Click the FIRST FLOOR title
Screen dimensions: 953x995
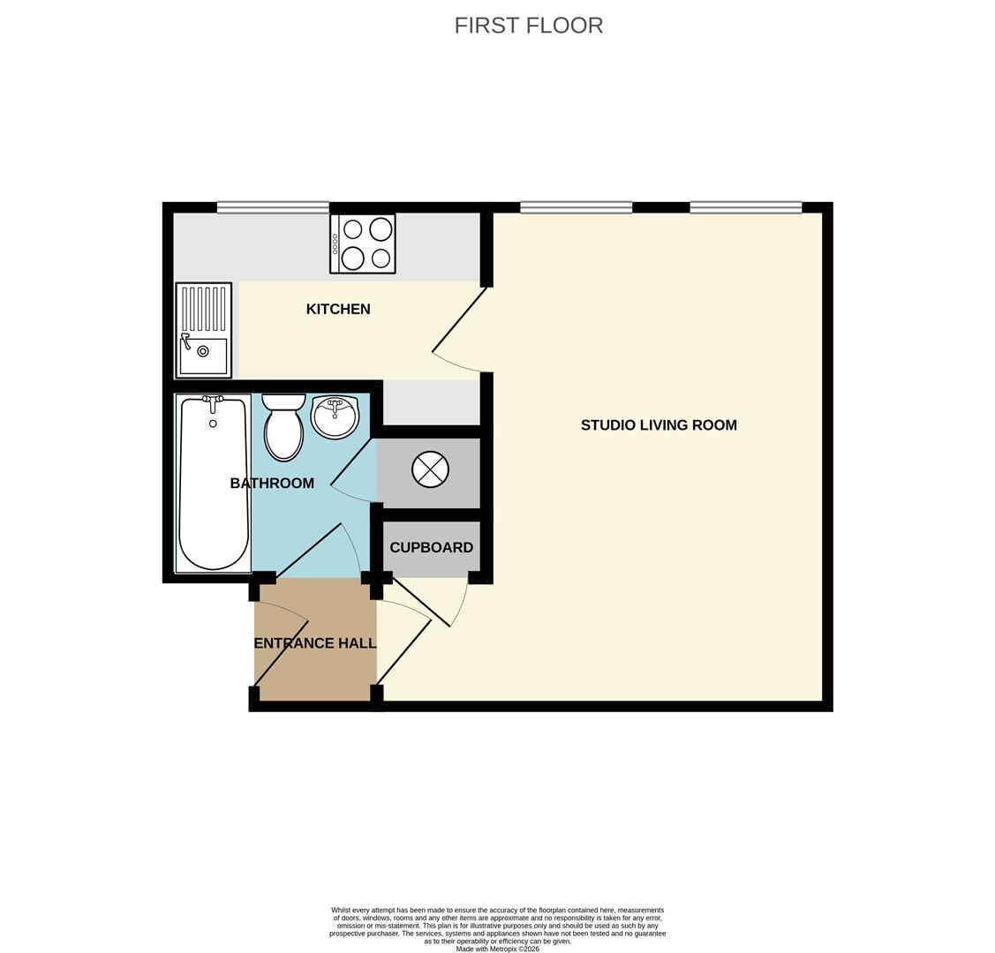[528, 26]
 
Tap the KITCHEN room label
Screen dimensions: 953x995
[338, 309]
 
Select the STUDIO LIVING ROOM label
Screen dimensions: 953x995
[659, 424]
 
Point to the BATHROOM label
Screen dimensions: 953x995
[272, 483]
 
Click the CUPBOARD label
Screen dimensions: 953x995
[431, 547]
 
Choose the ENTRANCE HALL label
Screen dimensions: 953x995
[315, 643]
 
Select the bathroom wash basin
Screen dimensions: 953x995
[335, 417]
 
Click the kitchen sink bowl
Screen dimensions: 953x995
[203, 355]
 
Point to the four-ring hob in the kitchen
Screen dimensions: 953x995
[363, 244]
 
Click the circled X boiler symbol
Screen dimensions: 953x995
[430, 469]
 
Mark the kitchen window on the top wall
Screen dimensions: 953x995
[273, 208]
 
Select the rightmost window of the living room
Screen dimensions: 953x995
[745, 208]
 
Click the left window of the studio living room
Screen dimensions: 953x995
[576, 208]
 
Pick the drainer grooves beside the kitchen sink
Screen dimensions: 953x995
[203, 308]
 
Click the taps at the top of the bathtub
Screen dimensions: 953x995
[212, 401]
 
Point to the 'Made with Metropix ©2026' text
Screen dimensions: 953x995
[497, 949]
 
